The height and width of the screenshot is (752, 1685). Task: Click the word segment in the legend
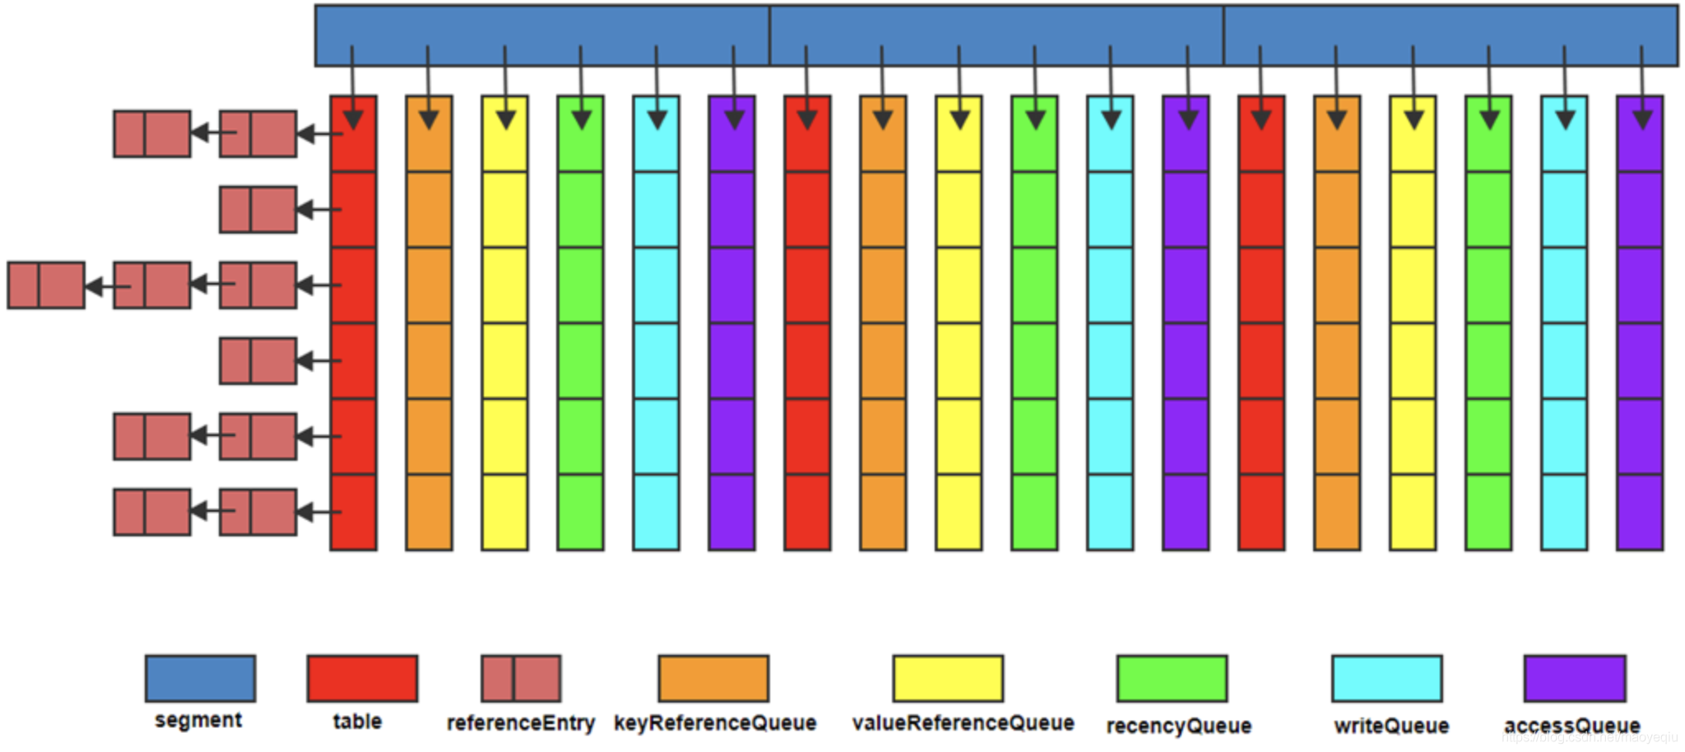click(x=198, y=721)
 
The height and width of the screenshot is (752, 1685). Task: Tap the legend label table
click(x=357, y=722)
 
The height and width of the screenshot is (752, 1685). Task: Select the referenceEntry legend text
click(x=520, y=723)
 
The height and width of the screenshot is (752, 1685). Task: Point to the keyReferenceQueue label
click(x=715, y=723)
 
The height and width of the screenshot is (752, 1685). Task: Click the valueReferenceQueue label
click(x=963, y=723)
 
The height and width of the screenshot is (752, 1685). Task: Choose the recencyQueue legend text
click(x=1178, y=726)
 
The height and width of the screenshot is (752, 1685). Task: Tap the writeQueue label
click(x=1391, y=726)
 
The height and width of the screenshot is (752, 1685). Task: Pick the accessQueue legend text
click(x=1571, y=726)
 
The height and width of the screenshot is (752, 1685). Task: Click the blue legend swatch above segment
click(x=200, y=678)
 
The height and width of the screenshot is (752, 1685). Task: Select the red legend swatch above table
click(x=362, y=678)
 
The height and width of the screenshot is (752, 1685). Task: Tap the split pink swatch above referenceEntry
click(x=521, y=678)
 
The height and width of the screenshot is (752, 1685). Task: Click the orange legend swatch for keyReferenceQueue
click(x=713, y=678)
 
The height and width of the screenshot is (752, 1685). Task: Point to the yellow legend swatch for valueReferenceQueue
click(x=948, y=678)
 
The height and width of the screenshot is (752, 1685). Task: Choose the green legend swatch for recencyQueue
click(x=1172, y=678)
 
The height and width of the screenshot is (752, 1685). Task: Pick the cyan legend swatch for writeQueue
click(x=1387, y=678)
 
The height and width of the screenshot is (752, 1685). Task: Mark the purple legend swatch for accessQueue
click(x=1575, y=678)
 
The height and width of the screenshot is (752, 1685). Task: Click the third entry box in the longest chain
click(x=46, y=285)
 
